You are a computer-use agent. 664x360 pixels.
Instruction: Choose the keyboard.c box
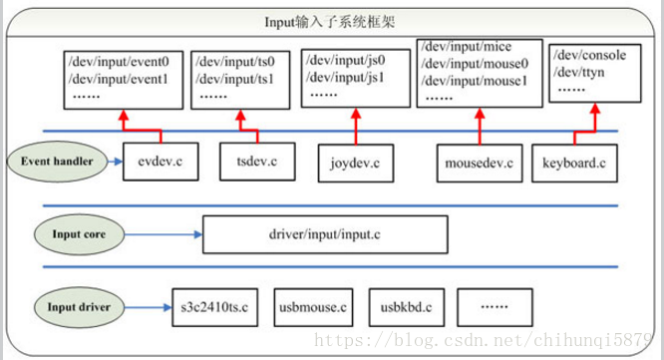pos(575,162)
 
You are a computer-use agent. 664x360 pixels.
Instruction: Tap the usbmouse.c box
pos(308,308)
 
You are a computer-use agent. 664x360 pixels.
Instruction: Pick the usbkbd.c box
pos(405,308)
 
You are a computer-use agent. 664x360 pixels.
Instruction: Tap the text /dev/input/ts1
pos(243,77)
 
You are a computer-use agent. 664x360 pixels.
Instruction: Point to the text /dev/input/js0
pos(342,59)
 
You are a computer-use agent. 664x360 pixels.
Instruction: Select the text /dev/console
pos(591,55)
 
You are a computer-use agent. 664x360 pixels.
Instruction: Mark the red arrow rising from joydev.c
pos(355,128)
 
